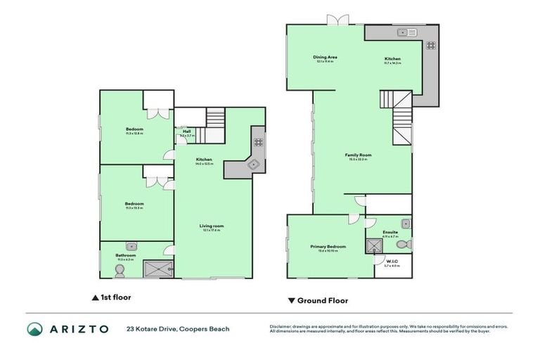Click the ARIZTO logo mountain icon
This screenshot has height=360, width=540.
tap(35, 328)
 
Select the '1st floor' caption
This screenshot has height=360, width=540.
tap(112, 297)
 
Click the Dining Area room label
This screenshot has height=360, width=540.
tap(325, 58)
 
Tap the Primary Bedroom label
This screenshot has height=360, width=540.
tap(328, 247)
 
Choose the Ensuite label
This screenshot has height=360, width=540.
tap(390, 232)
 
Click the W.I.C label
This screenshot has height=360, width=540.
tap(392, 262)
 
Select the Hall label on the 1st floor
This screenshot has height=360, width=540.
tap(186, 131)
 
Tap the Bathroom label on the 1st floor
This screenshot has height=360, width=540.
tap(125, 255)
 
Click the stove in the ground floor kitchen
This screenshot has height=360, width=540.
tap(430, 45)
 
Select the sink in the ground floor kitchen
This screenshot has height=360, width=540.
tap(406, 32)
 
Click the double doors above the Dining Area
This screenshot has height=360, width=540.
tap(337, 20)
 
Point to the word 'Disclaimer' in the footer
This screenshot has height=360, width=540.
tap(282, 326)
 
